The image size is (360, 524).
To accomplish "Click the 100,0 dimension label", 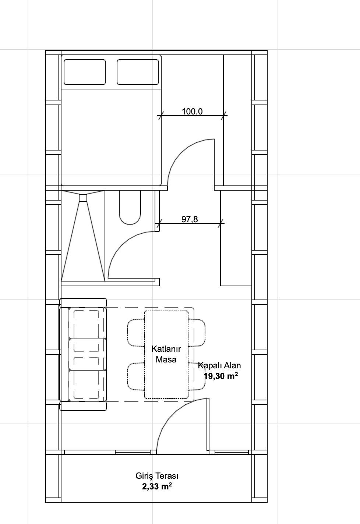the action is coord(192,111).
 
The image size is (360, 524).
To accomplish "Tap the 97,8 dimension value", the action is coord(190,219).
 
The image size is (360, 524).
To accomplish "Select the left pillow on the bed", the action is coord(85,72).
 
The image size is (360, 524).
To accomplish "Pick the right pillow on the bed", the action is coord(138,72).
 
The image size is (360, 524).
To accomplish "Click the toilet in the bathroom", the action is coord(130,207).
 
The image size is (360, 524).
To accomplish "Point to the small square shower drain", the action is coord(83,198).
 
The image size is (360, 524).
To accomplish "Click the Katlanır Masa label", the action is coord(166,354).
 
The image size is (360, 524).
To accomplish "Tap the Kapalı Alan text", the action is coord(219,365).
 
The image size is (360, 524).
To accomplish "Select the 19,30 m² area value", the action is coord(221,376).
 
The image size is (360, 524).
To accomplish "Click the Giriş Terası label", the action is coord(157,476).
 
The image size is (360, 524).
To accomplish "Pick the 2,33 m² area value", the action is coord(157,486).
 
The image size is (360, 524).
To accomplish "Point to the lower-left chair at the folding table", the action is coord(136,376).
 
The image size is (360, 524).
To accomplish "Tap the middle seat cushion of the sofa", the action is coord(88,354).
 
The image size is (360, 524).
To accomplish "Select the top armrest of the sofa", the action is coord(83,303).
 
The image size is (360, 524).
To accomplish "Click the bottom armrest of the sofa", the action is coord(83,406).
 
